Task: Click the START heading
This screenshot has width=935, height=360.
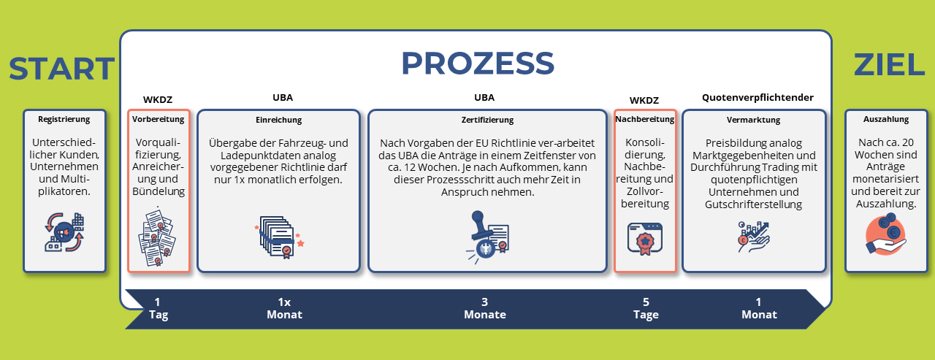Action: coord(61,69)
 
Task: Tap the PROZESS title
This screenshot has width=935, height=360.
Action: coord(478,64)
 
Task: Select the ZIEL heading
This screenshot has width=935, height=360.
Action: coord(889,65)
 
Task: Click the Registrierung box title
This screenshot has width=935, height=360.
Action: coord(64,119)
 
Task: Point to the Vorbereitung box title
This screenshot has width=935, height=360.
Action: coord(159,119)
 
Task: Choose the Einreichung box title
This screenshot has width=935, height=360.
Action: coord(278,120)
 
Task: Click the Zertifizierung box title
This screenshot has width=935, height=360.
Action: coord(487,120)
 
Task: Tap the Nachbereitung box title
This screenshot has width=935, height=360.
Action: coord(645,119)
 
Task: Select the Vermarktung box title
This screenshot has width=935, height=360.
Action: coord(753,120)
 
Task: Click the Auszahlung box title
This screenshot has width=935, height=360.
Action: coord(886,119)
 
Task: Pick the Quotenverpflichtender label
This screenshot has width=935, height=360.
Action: coord(757,98)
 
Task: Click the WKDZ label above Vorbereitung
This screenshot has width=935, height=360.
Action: coord(158,100)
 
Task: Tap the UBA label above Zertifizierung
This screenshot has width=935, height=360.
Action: coord(484,98)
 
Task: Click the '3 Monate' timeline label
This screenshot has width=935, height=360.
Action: coord(484,308)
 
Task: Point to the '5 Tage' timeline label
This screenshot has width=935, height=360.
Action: coord(646,308)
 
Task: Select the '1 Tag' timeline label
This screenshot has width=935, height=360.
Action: coord(159,308)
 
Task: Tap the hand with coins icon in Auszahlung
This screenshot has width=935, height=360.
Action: coord(886,235)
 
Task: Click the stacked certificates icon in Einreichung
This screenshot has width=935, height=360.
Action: coord(279,237)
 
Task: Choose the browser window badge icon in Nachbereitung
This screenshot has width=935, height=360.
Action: coord(645,239)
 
